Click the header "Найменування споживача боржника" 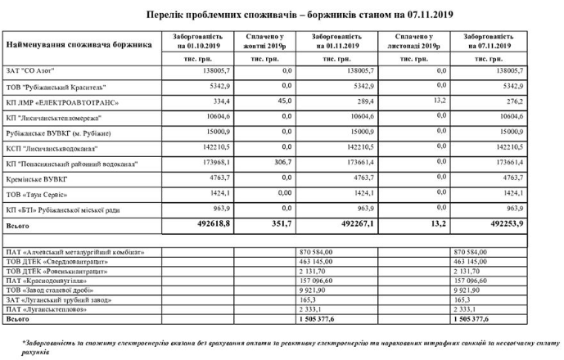click(x=79, y=43)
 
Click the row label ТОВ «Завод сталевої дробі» click(x=54, y=289)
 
